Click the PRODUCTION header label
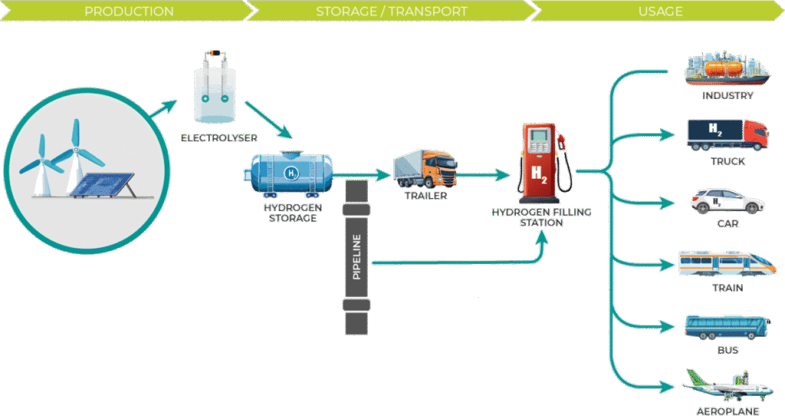pyautogui.click(x=129, y=12)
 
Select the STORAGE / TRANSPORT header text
pyautogui.click(x=392, y=12)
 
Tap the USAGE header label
pyautogui.click(x=660, y=12)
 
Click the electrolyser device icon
pyautogui.click(x=215, y=88)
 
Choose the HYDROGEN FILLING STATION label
pyautogui.click(x=541, y=217)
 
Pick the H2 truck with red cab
pyautogui.click(x=728, y=135)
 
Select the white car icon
pyautogui.click(x=728, y=201)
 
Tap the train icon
pyautogui.click(x=727, y=264)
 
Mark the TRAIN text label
pyautogui.click(x=728, y=288)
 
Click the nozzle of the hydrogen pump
pyautogui.click(x=564, y=143)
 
